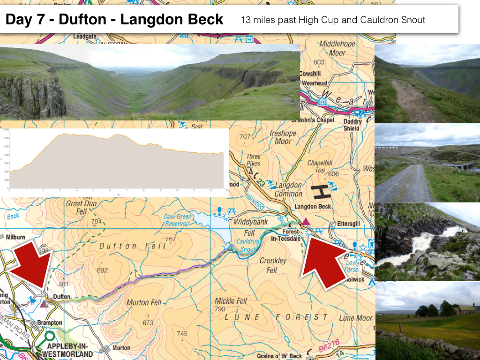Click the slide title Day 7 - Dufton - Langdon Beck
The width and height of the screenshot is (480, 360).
pos(114,20)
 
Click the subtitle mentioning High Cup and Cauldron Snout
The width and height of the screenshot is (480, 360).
pos(333,20)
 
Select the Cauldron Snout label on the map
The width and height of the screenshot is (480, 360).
pos(247,245)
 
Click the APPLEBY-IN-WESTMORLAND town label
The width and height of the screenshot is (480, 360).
pos(70,350)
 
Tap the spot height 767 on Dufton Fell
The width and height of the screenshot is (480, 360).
pos(170,240)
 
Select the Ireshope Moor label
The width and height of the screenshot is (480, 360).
pos(283,137)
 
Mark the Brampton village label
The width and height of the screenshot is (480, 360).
pos(49,323)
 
